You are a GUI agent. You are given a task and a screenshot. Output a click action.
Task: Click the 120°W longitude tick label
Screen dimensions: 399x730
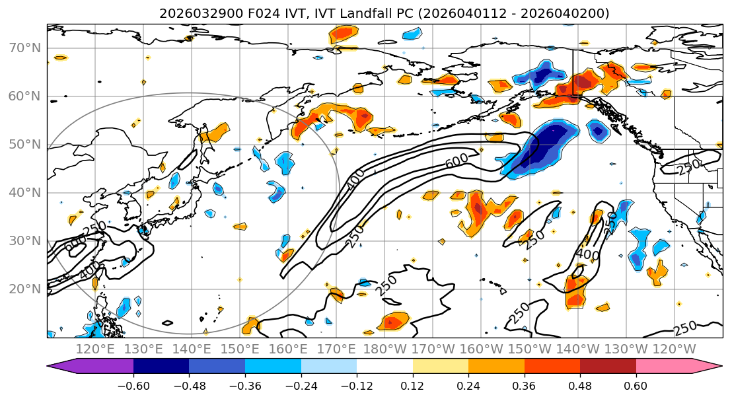675,349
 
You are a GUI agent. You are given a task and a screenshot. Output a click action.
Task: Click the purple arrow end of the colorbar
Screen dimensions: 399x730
63,368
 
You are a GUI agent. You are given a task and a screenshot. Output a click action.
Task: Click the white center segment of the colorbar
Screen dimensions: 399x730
384,368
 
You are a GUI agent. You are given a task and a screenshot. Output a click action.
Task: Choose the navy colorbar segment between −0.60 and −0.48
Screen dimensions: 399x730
161,368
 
